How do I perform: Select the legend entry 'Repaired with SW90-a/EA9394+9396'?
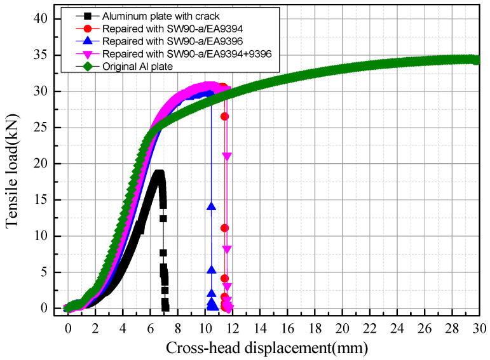(x=185, y=53)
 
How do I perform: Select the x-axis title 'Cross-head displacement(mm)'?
(x=267, y=348)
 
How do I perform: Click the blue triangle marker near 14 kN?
(x=211, y=206)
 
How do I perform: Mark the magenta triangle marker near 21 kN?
(x=227, y=156)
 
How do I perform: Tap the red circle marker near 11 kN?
(x=224, y=228)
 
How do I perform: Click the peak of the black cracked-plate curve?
(x=159, y=173)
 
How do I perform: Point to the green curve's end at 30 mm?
(x=477, y=60)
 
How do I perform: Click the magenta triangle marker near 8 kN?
(x=227, y=249)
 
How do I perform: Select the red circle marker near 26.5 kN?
(x=224, y=116)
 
